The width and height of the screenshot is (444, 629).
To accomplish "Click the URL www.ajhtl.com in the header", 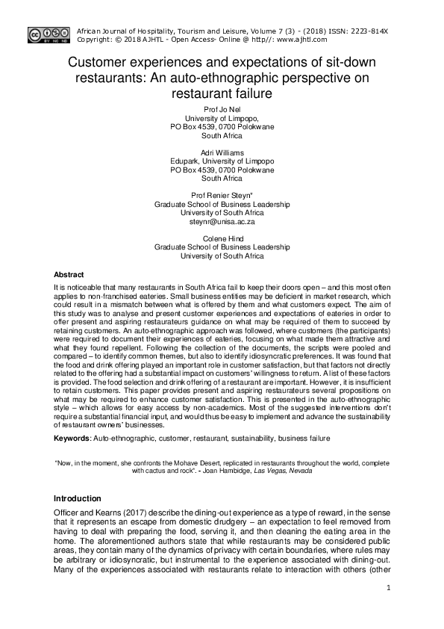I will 304,39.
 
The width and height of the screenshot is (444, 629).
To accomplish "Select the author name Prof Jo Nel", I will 222,110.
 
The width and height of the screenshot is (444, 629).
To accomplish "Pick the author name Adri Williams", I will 222,152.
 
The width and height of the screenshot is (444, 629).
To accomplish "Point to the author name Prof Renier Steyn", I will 222,196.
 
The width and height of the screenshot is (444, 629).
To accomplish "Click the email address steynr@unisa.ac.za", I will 222,222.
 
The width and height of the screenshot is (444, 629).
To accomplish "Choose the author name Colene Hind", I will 222,239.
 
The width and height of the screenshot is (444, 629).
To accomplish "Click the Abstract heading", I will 69,274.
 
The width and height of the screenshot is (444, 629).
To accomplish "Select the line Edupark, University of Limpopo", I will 222,161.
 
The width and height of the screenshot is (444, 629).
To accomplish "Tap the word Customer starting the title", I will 100,61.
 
